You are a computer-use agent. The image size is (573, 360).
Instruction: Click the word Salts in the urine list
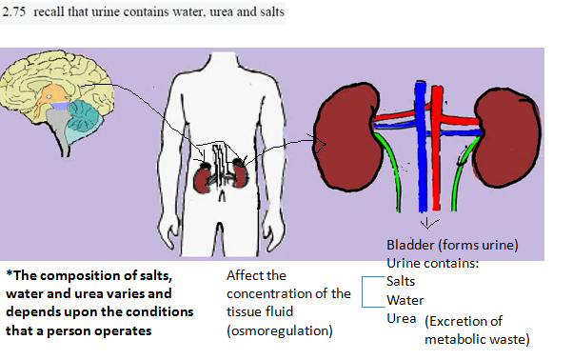(x=401, y=281)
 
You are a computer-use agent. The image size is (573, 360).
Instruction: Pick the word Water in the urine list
(x=405, y=299)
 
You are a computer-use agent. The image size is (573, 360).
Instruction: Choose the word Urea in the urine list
(x=402, y=317)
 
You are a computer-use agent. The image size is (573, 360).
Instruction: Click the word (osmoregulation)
(x=279, y=330)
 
